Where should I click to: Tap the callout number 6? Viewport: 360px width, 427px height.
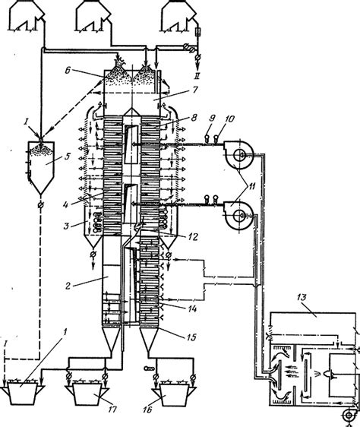[x=68, y=70]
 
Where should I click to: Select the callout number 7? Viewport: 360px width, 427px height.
[x=195, y=90]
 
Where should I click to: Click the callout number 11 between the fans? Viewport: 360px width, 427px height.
[x=252, y=187]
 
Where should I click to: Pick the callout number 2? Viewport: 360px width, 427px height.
[x=68, y=286]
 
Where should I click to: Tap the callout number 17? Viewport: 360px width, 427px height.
[x=112, y=410]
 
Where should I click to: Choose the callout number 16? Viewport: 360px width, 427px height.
[x=147, y=410]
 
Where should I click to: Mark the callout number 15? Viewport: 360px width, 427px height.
[x=191, y=337]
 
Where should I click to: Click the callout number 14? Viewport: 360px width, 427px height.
[x=192, y=308]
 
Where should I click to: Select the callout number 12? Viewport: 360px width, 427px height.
[x=193, y=237]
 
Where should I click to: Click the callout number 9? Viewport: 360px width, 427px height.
[x=212, y=119]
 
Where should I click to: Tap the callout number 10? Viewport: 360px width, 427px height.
[x=229, y=119]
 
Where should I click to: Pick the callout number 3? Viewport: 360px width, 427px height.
[x=66, y=226]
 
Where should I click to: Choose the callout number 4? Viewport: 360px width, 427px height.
[x=65, y=204]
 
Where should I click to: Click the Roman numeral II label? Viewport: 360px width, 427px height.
[x=197, y=75]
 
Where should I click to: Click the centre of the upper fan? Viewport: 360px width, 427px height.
[x=240, y=155]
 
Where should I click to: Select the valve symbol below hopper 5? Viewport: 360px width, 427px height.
[x=40, y=205]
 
